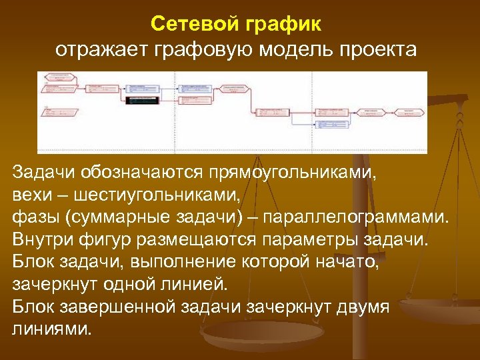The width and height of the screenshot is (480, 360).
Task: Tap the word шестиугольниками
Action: (x=155, y=196)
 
